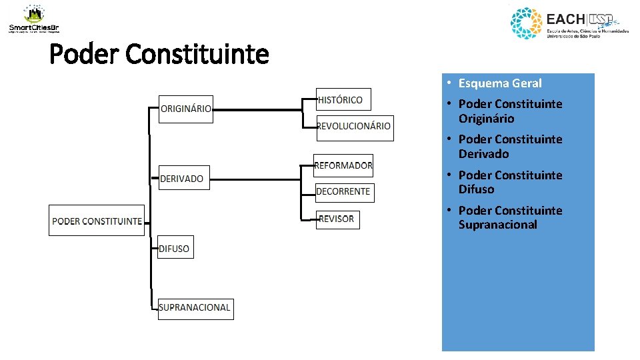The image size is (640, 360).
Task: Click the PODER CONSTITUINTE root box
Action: point(97,221)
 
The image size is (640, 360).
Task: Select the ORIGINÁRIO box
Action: point(186,109)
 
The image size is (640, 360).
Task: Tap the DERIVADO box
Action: point(184,178)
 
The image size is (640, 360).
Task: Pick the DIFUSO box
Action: point(175,249)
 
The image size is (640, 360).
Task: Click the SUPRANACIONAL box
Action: point(195,308)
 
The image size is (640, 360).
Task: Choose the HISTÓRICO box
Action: point(342,100)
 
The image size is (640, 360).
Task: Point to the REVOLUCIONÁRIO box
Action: point(354,127)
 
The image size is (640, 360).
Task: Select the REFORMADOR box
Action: point(343,165)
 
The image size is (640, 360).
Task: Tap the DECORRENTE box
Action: point(344,192)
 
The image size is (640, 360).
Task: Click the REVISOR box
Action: point(337,219)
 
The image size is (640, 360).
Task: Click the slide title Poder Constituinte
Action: point(159,54)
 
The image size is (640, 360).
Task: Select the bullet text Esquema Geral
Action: point(500,83)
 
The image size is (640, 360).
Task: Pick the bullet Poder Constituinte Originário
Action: point(510,111)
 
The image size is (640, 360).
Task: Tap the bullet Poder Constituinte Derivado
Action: point(510,147)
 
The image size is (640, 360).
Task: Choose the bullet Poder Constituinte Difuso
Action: point(510,182)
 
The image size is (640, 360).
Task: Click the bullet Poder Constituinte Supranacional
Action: point(510,217)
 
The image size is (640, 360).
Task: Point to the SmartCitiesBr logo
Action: point(34,19)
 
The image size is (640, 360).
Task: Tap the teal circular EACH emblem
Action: point(527,23)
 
